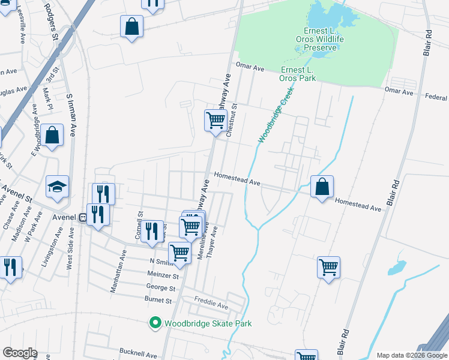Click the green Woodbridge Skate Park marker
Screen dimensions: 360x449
pyautogui.click(x=155, y=323)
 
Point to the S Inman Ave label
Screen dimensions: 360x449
pyautogui.click(x=71, y=115)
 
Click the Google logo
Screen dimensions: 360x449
pyautogui.click(x=20, y=353)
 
